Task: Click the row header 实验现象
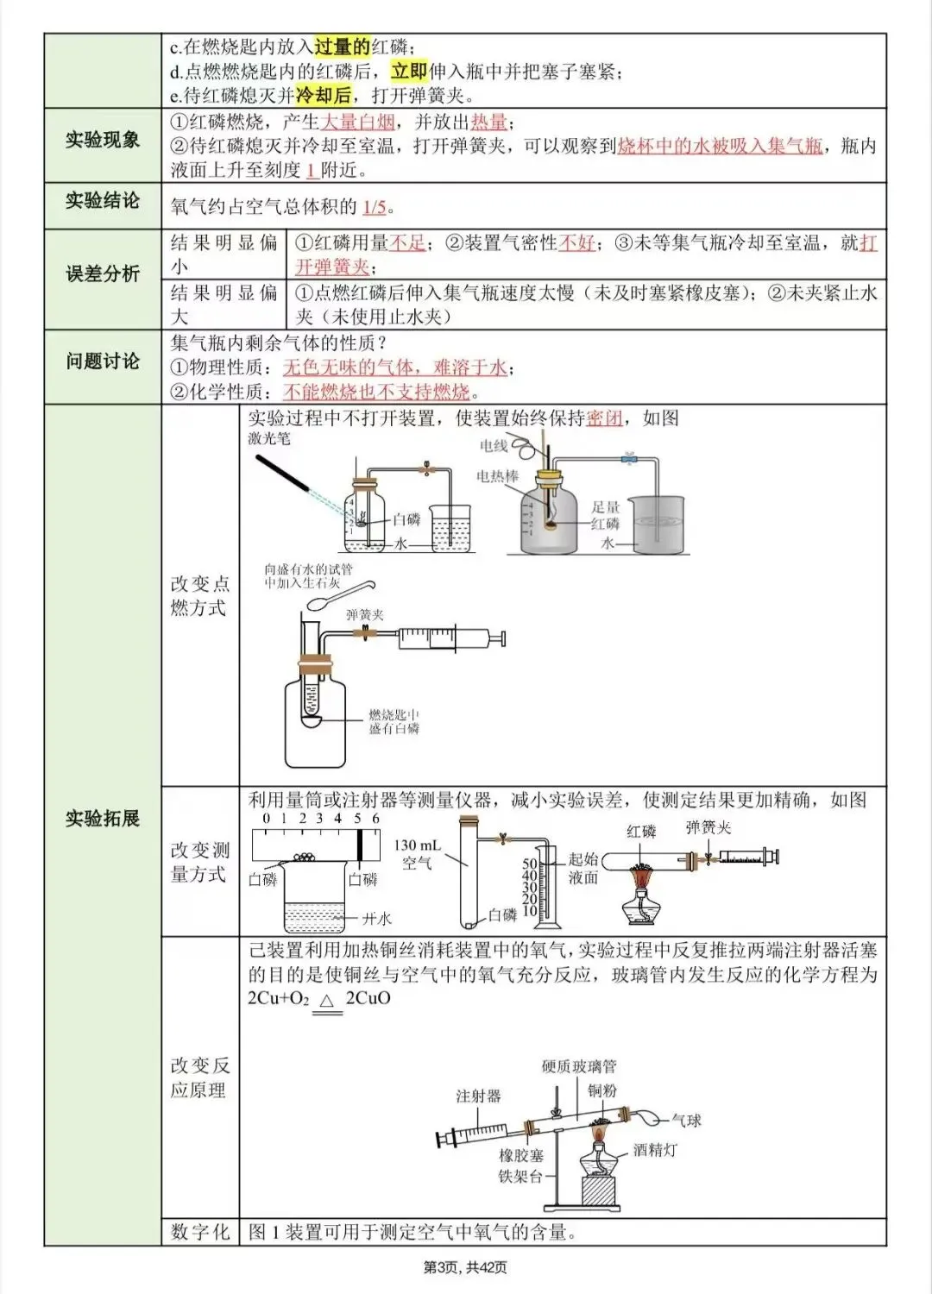pos(102,140)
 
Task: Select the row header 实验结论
pos(102,201)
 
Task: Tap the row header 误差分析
pos(102,274)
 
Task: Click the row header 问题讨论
pos(102,361)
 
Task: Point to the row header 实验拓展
pos(102,818)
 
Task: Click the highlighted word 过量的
pos(342,47)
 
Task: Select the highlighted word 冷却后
pos(324,95)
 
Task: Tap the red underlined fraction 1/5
pos(375,207)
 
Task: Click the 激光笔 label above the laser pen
pos(269,438)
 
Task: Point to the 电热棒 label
pos(498,476)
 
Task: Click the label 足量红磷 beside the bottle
pos(606,515)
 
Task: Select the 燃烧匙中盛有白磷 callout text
pos(394,722)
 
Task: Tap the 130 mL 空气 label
pos(417,854)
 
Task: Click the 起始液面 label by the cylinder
pos(583,868)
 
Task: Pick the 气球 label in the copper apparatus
pos(687,1121)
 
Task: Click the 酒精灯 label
pos(655,1150)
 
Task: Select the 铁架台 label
pos(520,1177)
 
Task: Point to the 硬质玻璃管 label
pos(579,1066)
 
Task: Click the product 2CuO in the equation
pos(368,998)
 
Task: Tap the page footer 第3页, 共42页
pos(465,1267)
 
